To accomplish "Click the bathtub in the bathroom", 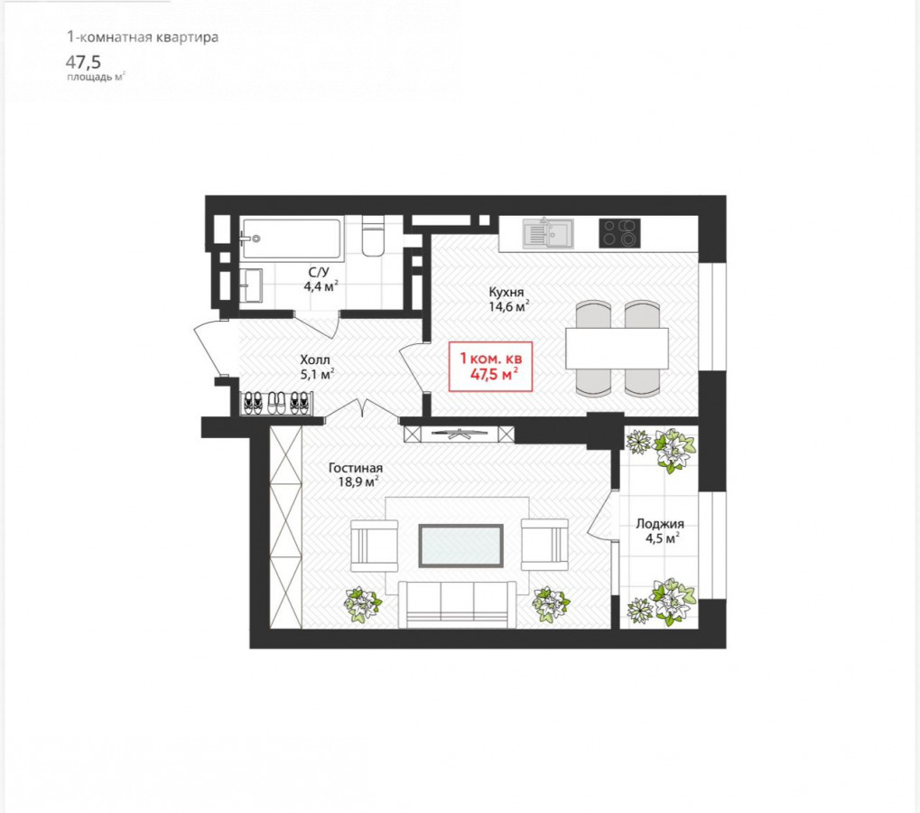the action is pyautogui.click(x=292, y=238).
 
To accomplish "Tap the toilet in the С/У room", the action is pyautogui.click(x=373, y=236).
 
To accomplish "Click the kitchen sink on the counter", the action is pyautogui.click(x=548, y=233).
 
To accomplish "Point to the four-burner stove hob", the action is pyautogui.click(x=619, y=233).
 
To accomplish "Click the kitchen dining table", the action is pyautogui.click(x=618, y=348).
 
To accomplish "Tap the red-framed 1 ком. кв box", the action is pyautogui.click(x=490, y=366).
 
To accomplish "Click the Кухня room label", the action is pyautogui.click(x=506, y=292).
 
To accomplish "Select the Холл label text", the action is pyautogui.click(x=315, y=360).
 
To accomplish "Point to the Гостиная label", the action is pyautogui.click(x=356, y=468).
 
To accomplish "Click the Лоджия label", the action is pyautogui.click(x=660, y=524).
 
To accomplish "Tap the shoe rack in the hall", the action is pyautogui.click(x=277, y=404).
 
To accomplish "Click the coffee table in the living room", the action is pyautogui.click(x=460, y=546).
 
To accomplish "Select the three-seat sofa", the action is pyautogui.click(x=457, y=604).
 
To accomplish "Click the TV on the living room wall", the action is pyautogui.click(x=460, y=434).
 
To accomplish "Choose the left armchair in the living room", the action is pyautogui.click(x=375, y=546).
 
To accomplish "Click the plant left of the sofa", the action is pyautogui.click(x=362, y=604).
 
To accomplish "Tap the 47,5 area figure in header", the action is pyautogui.click(x=83, y=62).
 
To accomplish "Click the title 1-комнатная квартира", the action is pyautogui.click(x=143, y=37).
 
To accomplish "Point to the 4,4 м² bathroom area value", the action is pyautogui.click(x=321, y=286).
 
